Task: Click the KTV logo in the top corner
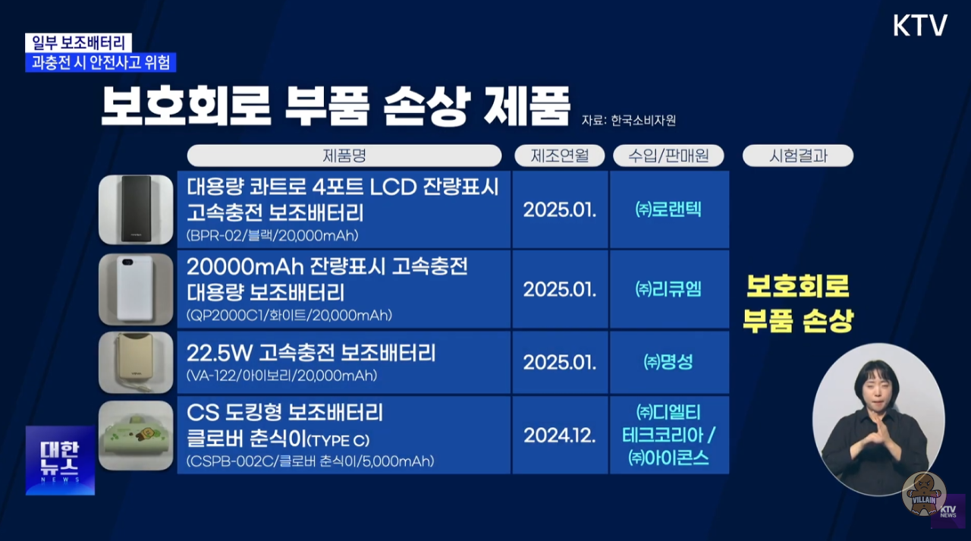[920, 26]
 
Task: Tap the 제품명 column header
[344, 156]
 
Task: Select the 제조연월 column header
[560, 156]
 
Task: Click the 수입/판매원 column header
[668, 156]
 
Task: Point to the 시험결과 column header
[798, 156]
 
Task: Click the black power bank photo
[136, 209]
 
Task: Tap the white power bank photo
[136, 289]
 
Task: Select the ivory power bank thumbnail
[136, 363]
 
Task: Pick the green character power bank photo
[136, 436]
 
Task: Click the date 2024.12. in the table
[560, 436]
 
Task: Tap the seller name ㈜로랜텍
[668, 209]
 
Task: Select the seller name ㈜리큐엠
[668, 289]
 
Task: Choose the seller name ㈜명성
[668, 362]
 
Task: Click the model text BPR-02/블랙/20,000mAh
[272, 235]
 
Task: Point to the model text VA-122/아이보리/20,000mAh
[281, 376]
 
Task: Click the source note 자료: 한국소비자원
[629, 120]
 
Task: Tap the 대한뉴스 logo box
[60, 461]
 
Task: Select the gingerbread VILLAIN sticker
[924, 494]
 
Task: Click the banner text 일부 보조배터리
[78, 42]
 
